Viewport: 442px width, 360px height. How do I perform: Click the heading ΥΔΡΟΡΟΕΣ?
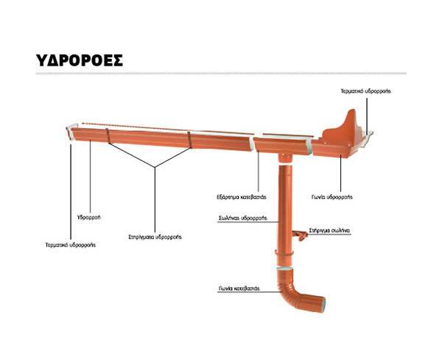click(x=80, y=60)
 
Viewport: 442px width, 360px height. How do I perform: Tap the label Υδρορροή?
click(x=89, y=217)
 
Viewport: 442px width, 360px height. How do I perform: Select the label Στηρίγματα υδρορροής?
click(x=155, y=237)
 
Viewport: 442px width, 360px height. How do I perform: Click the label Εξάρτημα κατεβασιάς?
click(x=242, y=197)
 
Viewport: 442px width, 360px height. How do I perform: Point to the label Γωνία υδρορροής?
click(x=332, y=197)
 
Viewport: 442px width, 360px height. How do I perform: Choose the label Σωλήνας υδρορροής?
click(x=243, y=218)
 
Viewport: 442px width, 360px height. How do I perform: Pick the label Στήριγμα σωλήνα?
click(x=329, y=230)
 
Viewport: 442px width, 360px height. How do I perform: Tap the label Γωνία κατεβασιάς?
click(x=239, y=289)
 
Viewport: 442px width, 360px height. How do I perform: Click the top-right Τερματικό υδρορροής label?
click(x=365, y=91)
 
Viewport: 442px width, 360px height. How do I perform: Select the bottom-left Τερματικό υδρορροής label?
click(x=71, y=245)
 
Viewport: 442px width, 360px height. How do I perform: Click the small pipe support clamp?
click(x=299, y=235)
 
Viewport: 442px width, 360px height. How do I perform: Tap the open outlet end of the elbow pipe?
click(x=323, y=305)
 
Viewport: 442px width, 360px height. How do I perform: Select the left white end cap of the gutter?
click(x=71, y=132)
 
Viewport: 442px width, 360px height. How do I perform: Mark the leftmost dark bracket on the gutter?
click(x=108, y=136)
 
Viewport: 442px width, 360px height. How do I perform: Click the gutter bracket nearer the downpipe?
click(x=189, y=140)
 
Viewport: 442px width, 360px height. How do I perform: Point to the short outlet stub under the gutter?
click(x=285, y=158)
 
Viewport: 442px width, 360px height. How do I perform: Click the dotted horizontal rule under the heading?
click(x=221, y=74)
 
